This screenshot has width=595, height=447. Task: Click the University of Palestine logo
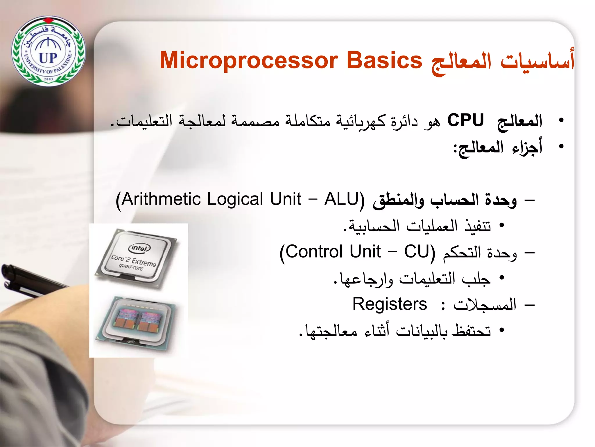pos(49,51)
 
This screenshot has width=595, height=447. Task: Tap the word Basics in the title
pos(384,61)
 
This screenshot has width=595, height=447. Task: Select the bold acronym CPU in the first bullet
pos(465,120)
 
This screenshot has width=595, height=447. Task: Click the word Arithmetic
pos(161,199)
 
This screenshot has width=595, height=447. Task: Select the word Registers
pos(390,304)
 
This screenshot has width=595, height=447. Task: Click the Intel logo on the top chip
pos(139,248)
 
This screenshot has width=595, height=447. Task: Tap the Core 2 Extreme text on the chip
pos(134,261)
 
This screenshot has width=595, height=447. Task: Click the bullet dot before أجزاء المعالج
pos(561,146)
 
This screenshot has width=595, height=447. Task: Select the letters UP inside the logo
pos(48,58)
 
